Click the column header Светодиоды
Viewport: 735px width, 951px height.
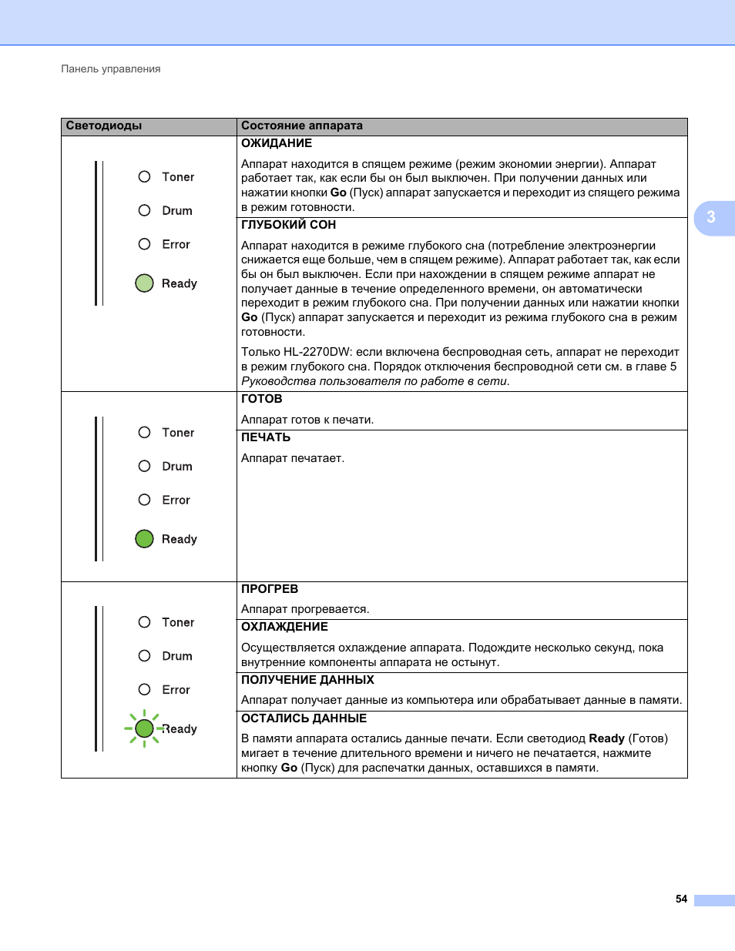pos(104,126)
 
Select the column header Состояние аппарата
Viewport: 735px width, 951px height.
pos(302,126)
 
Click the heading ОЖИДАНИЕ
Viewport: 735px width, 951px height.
pos(277,144)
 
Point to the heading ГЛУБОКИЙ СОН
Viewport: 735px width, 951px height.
pos(289,226)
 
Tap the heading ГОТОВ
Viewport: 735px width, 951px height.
pos(262,400)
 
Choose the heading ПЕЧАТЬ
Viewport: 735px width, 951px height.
pos(266,438)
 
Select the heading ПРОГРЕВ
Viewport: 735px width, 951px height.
pos(270,590)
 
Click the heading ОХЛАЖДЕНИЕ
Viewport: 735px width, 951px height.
pos(285,628)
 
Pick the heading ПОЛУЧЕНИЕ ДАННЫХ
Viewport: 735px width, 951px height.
pos(307,681)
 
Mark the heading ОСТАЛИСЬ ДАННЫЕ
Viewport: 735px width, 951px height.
pos(304,719)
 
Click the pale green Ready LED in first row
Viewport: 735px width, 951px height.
pos(144,283)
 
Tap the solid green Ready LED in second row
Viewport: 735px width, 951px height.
pos(144,539)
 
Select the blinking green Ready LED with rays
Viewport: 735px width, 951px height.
pos(144,728)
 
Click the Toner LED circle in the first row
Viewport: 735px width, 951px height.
pos(144,177)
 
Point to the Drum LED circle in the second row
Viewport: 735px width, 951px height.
pos(144,467)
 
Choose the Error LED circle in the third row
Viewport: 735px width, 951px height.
pos(144,690)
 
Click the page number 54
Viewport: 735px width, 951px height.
pos(681,899)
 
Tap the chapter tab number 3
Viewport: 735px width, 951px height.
pos(711,218)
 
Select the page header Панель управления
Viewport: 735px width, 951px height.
pos(111,69)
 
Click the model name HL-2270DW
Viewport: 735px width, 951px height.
pos(317,353)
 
